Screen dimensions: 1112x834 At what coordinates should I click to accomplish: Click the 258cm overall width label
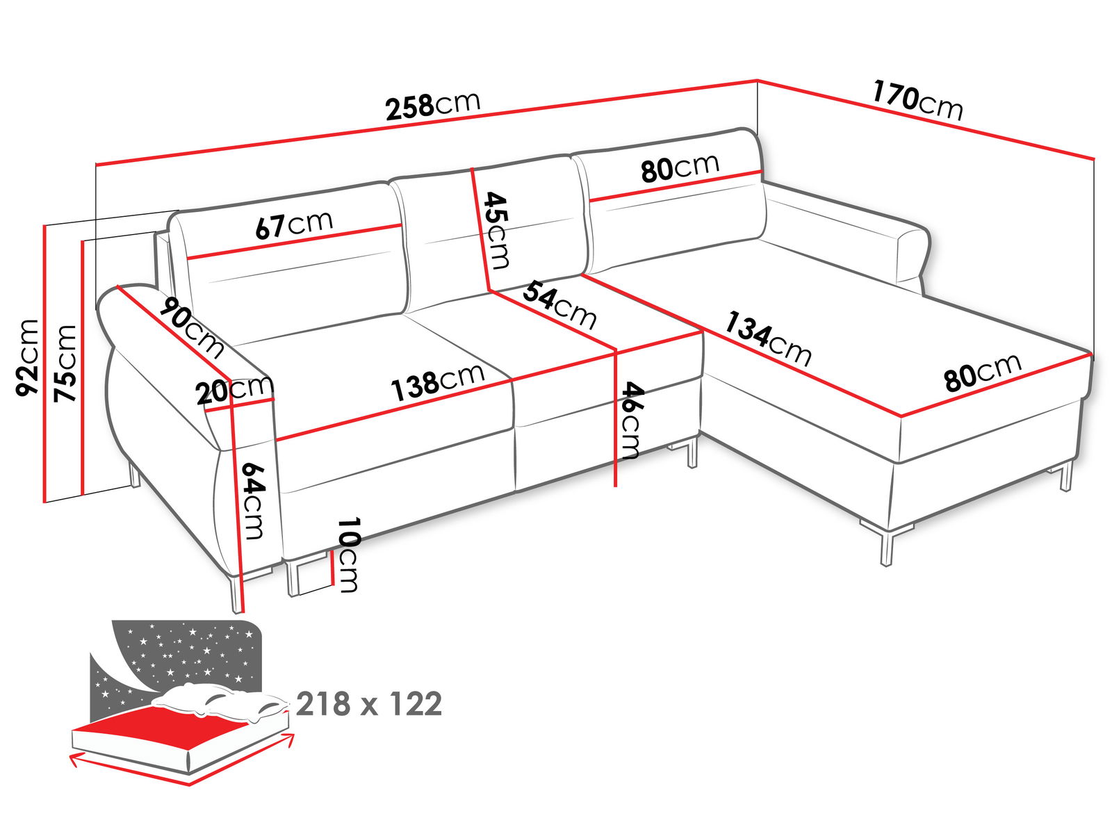coord(433,106)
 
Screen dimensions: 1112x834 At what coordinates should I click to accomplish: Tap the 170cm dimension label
coord(917,103)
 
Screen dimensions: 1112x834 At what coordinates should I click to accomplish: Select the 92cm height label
coord(27,357)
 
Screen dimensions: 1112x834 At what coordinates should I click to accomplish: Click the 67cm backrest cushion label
coord(294,224)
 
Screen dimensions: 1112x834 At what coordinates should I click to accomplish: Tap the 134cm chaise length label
coord(767,338)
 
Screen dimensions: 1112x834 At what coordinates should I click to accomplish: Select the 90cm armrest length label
coord(192,326)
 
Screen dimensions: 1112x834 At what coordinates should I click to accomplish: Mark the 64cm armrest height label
coord(252,501)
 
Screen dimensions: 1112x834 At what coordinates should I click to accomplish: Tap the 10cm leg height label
coord(348,555)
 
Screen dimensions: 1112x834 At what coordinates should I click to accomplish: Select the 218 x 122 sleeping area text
coord(369,704)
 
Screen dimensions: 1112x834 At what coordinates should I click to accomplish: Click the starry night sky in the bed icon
coord(188,653)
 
